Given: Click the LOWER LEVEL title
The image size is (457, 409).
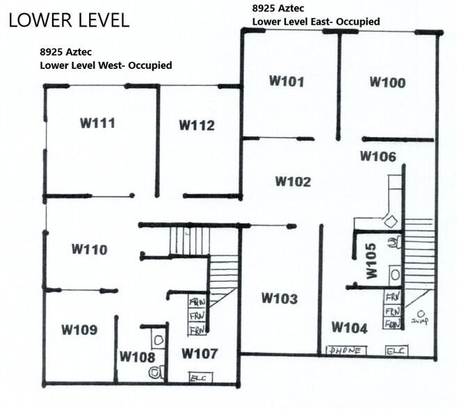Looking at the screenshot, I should (69, 20).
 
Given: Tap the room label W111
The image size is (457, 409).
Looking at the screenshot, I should (97, 124).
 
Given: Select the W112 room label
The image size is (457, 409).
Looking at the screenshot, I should (197, 125).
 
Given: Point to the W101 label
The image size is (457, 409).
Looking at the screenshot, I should (287, 81).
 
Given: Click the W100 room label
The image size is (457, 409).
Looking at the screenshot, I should (387, 83).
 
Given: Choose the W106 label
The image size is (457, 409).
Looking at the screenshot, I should (378, 157).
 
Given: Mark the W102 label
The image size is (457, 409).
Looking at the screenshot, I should (293, 182).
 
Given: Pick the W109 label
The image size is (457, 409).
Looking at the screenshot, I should (79, 329).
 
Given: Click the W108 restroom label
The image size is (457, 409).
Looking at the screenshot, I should (137, 357).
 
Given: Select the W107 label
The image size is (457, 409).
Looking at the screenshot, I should (200, 354).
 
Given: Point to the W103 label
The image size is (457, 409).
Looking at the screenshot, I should (280, 298).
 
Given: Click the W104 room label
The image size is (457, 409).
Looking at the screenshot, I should (349, 327).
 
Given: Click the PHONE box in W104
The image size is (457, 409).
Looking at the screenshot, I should (345, 351).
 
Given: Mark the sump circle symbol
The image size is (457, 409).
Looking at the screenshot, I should (420, 313).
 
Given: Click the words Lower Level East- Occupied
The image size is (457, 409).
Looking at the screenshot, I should (316, 22).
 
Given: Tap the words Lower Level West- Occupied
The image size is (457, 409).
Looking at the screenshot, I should (106, 65).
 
